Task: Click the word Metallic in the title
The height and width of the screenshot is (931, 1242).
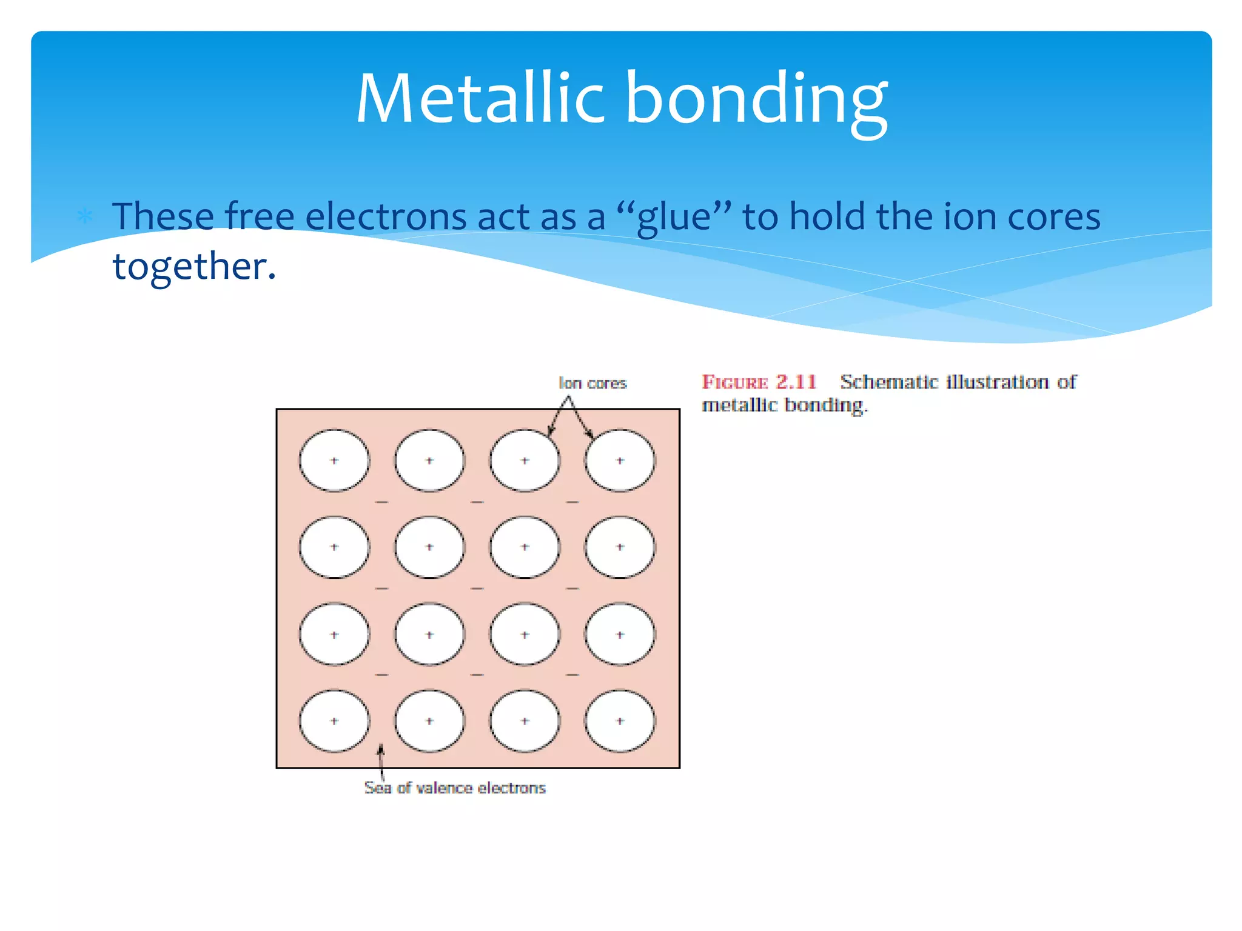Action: (x=479, y=98)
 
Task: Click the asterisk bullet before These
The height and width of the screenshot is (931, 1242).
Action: (x=85, y=216)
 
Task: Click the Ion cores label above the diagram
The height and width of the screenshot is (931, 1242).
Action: (x=592, y=383)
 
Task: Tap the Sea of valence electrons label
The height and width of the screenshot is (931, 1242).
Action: (x=455, y=787)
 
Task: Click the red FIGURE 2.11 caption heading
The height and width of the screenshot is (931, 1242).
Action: (x=759, y=382)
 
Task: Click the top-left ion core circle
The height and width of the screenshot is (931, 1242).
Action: (x=334, y=461)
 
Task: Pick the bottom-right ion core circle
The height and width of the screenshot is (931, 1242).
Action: (x=620, y=721)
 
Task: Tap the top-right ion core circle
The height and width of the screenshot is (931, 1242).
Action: (x=620, y=461)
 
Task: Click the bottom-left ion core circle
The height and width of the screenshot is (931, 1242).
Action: (x=334, y=721)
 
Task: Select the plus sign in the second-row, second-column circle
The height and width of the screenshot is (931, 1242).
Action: (x=429, y=547)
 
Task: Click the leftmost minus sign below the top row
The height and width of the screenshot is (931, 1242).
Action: (x=381, y=502)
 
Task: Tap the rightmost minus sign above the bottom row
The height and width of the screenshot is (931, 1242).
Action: (x=572, y=675)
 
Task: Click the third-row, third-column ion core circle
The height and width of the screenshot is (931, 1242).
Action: (x=525, y=635)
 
